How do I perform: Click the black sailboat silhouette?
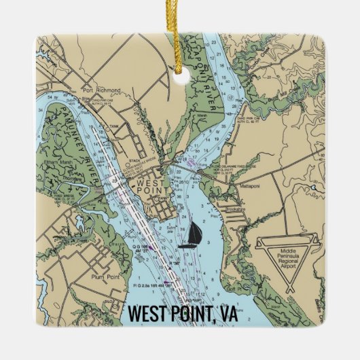(192, 233)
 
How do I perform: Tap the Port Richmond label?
(101, 90)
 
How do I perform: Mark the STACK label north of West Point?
(134, 160)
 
